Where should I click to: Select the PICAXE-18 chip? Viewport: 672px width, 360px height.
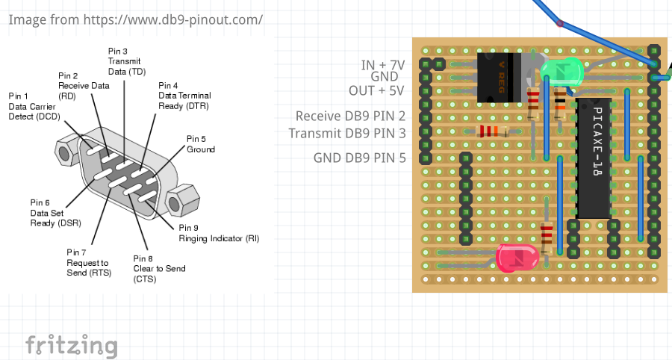pyautogui.click(x=595, y=158)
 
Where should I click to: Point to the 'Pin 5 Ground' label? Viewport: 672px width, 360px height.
pyautogui.click(x=200, y=144)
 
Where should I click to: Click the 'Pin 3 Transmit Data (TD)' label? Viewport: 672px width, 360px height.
pyautogui.click(x=125, y=60)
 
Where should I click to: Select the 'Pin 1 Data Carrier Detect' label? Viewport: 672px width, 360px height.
pyautogui.click(x=34, y=105)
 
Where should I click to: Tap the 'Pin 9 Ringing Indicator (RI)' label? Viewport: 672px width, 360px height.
pyautogui.click(x=218, y=233)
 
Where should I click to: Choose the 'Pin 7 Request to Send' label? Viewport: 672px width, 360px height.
pyautogui.click(x=88, y=262)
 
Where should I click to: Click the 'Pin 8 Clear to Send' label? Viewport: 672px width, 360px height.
pyautogui.click(x=159, y=268)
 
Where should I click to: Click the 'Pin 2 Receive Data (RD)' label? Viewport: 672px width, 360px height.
pyautogui.click(x=84, y=85)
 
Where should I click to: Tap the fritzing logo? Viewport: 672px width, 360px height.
pyautogui.click(x=72, y=345)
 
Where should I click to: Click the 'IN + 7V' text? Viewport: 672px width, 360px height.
pyautogui.click(x=382, y=65)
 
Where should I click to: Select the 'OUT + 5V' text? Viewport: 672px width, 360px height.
pyautogui.click(x=376, y=90)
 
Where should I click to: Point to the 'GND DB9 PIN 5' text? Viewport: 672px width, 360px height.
pyautogui.click(x=359, y=158)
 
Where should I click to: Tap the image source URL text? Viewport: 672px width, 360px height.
pyautogui.click(x=135, y=19)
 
